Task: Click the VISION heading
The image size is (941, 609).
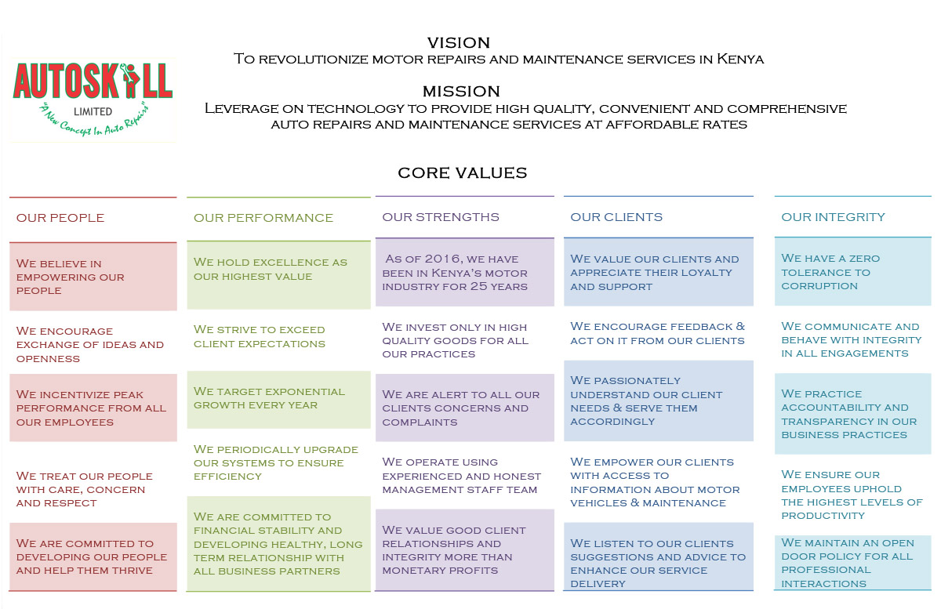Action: (459, 43)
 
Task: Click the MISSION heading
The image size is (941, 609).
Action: (461, 92)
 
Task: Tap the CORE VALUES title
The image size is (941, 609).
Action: (462, 173)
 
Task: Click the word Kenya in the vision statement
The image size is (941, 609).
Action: (740, 59)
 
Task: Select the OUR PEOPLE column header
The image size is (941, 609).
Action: (60, 218)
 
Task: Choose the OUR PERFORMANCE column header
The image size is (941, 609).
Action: (263, 218)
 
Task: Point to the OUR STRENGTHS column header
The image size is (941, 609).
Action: (440, 217)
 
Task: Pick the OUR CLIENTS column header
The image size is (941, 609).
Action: (616, 217)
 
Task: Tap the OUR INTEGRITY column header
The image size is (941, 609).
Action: (833, 217)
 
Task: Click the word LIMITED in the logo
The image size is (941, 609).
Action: (93, 112)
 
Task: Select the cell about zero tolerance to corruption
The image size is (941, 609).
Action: (853, 272)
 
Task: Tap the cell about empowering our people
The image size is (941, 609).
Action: (93, 277)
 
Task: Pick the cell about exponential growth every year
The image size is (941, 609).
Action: (278, 400)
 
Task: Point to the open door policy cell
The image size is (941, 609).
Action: (853, 563)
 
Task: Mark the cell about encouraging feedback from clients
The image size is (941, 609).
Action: (658, 333)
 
